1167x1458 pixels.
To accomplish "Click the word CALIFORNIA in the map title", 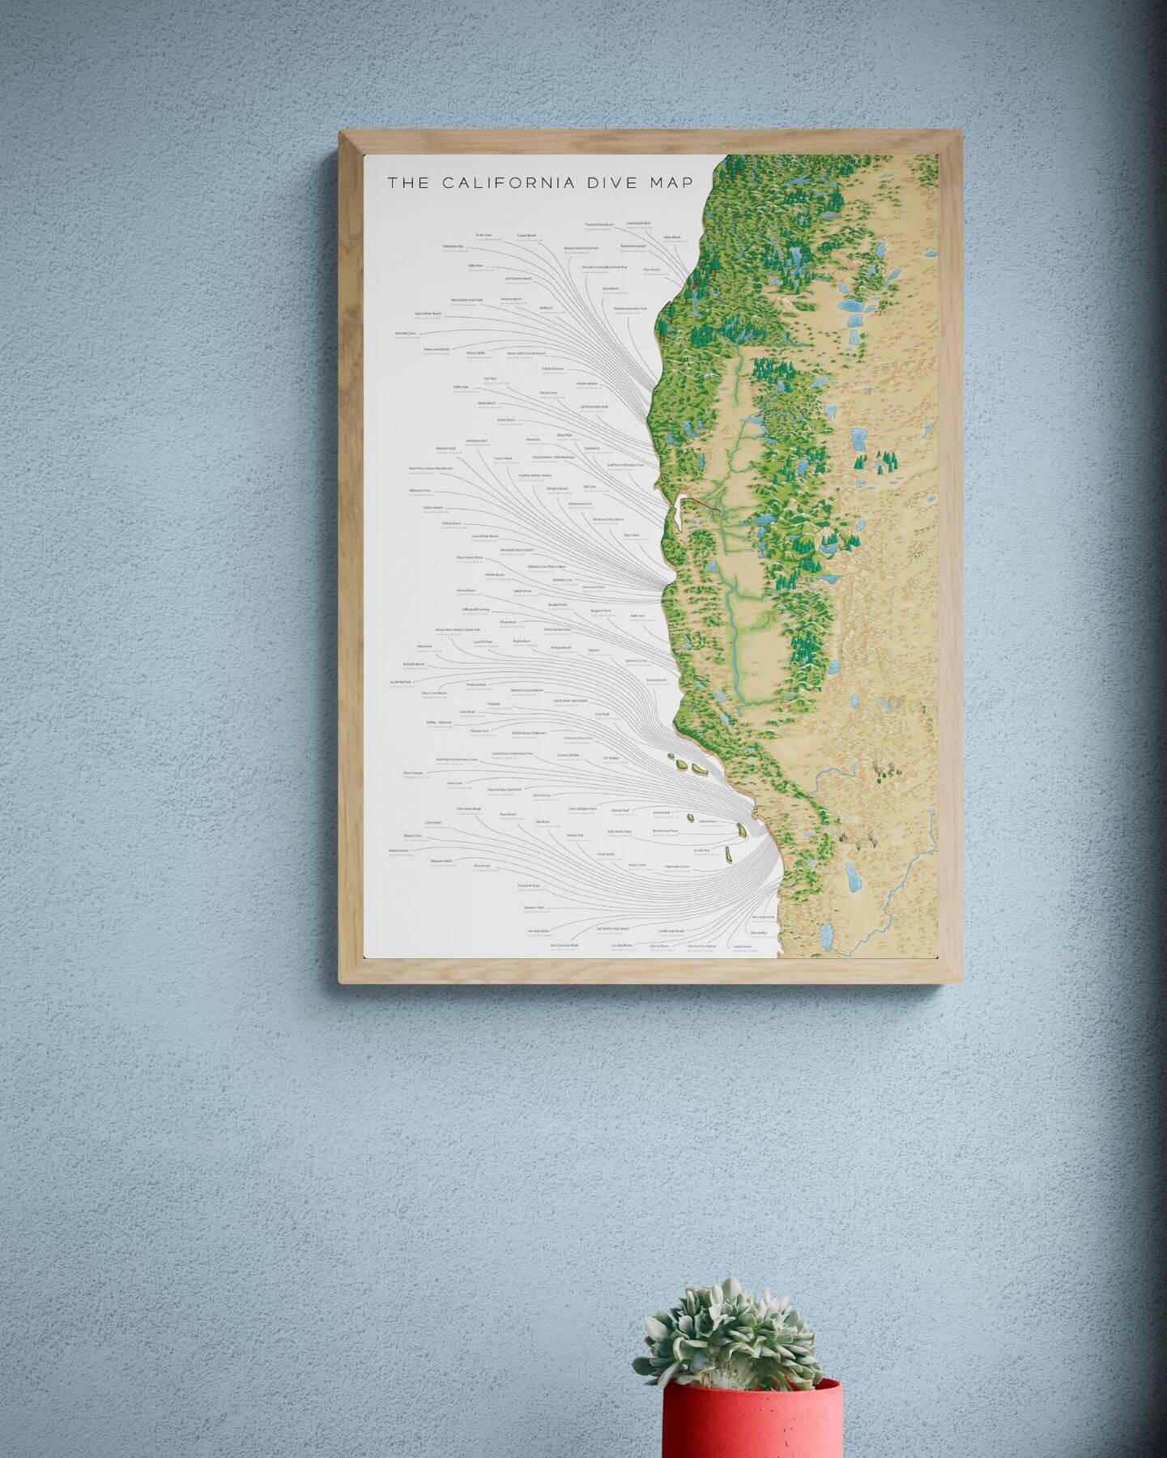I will coord(509,182).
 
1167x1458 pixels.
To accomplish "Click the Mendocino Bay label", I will coord(454,246).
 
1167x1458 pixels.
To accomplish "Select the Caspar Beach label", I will coord(527,236).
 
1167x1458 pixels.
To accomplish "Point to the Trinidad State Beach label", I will coord(600,224).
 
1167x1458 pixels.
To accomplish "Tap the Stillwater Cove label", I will coord(421,491).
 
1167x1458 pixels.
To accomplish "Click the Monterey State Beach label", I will coord(607,519).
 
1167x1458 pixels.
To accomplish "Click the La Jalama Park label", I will coord(402,682).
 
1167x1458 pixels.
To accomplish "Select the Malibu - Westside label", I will coord(439,722).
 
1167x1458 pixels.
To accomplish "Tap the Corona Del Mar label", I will coord(569,755).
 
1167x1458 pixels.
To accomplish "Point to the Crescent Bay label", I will coord(505,788).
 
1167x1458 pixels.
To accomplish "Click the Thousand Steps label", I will coord(529,885).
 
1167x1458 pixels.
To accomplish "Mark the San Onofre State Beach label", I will coord(613,928).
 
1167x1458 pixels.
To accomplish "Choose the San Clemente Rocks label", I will coord(565,945).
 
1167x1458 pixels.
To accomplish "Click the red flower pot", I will coord(752,1419).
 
